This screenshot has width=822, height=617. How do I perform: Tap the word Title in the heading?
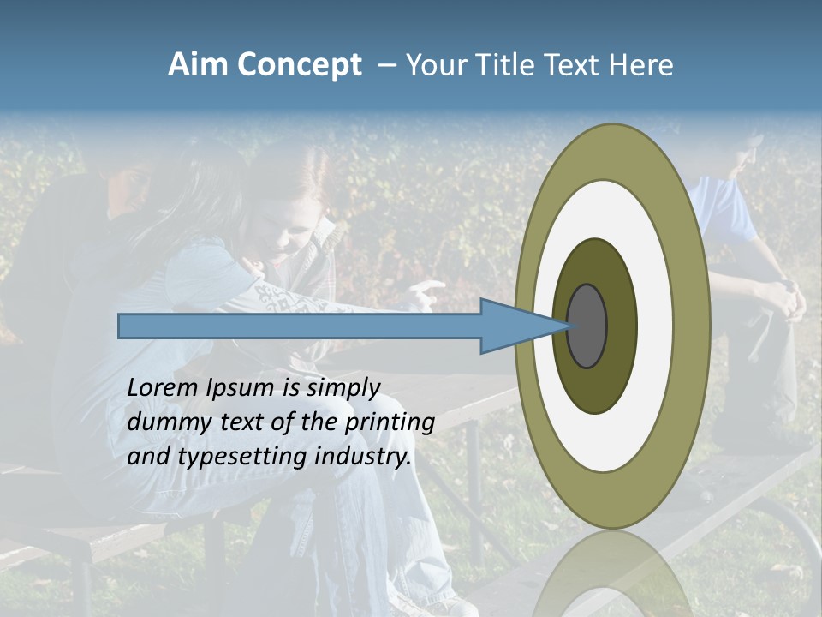[x=508, y=65]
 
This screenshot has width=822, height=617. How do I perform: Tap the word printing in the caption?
[x=389, y=423]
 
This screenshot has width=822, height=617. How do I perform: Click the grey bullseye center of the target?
[x=587, y=326]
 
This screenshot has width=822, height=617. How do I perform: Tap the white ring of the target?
[x=655, y=326]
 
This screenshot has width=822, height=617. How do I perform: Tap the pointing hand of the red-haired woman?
[x=427, y=292]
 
